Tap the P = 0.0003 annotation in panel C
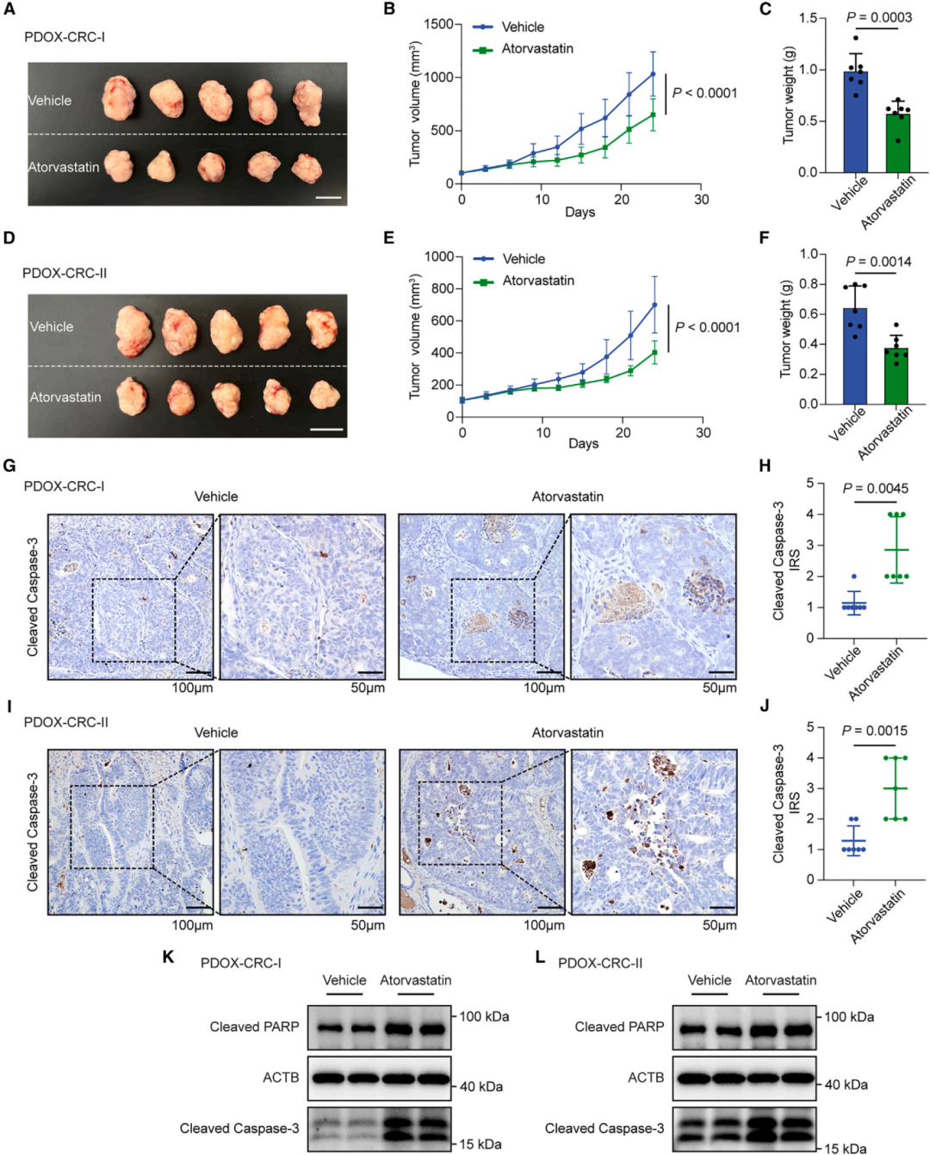(878, 17)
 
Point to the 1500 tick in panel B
(438, 24)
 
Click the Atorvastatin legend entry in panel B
(537, 49)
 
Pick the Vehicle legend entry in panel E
(524, 259)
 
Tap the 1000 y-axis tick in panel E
(439, 256)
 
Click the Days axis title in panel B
(580, 213)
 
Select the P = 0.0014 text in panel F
(877, 262)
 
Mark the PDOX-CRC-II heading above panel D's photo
(65, 274)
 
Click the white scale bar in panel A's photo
(328, 198)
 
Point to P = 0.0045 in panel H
(875, 489)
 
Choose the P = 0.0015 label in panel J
(874, 731)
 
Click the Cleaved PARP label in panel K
(254, 1027)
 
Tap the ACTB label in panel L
(646, 1078)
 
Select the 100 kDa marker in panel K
(484, 1016)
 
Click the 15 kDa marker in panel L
(846, 1148)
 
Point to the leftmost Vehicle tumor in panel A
(119, 98)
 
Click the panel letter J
(765, 706)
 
